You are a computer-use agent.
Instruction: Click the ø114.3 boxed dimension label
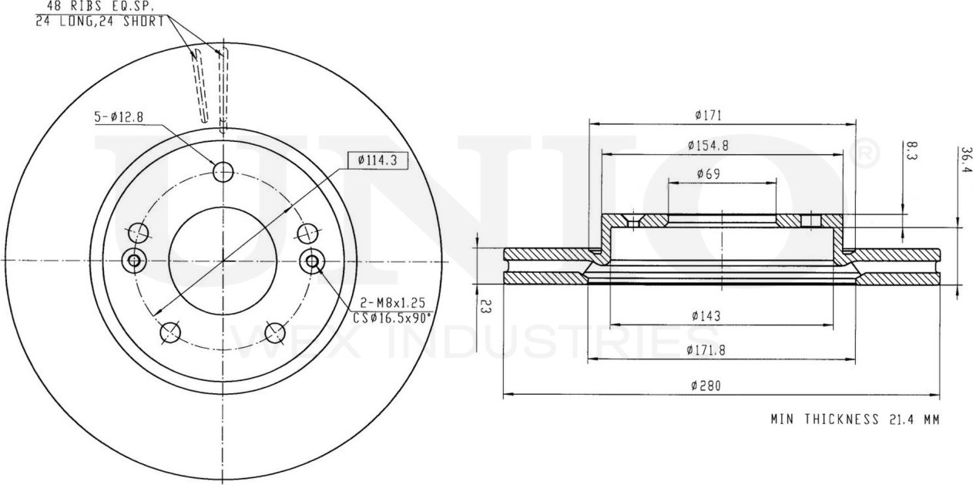[x=378, y=161]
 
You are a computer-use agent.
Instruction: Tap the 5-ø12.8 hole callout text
[x=119, y=117]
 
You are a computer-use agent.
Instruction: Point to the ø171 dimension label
[x=708, y=115]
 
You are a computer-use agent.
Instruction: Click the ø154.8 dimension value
[x=708, y=145]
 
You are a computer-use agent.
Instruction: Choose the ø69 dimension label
[x=709, y=173]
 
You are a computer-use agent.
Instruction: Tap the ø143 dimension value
[x=706, y=315]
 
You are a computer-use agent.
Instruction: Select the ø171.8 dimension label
[x=706, y=350]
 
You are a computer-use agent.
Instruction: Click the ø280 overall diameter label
[x=706, y=386]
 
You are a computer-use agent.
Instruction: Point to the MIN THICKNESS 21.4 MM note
[x=855, y=419]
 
